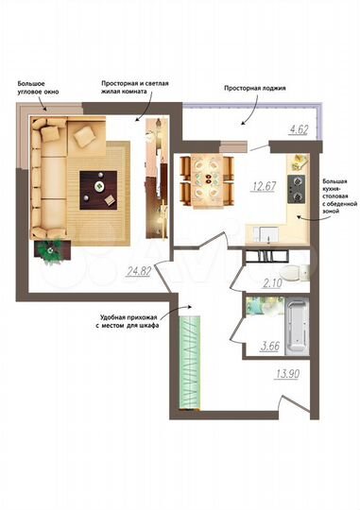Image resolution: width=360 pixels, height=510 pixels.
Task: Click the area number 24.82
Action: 138,270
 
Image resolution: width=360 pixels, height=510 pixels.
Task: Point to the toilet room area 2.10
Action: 273,282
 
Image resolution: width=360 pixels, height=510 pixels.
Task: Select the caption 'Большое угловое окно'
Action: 38,89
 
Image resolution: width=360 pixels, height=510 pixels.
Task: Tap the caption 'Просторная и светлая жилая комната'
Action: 136,88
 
